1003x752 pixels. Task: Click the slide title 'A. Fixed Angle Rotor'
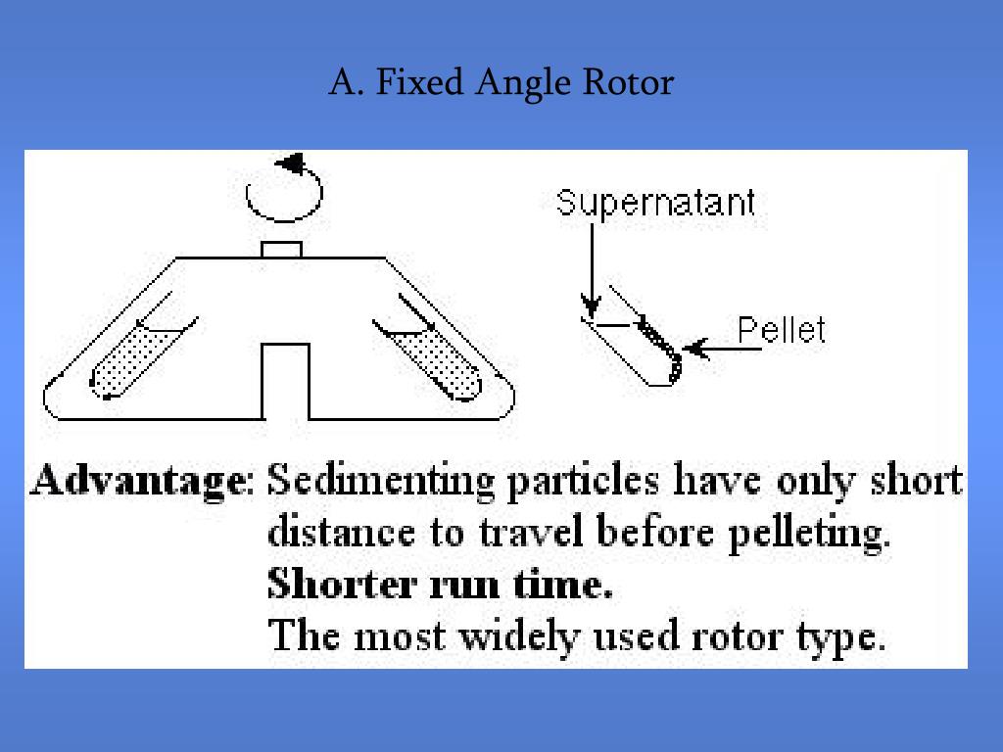501,82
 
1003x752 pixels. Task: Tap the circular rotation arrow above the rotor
285,192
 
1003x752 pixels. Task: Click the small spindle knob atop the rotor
281,249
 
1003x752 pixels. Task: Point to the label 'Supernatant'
656,203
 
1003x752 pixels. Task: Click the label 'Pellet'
781,330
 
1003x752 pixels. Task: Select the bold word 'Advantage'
137,482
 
